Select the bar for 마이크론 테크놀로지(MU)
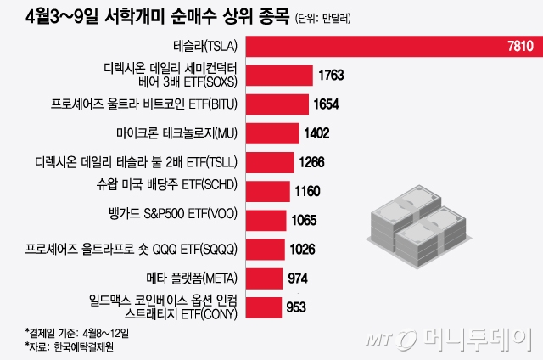(275, 133)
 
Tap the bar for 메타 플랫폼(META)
(266, 278)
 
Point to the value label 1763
(331, 76)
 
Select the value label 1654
(325, 104)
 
